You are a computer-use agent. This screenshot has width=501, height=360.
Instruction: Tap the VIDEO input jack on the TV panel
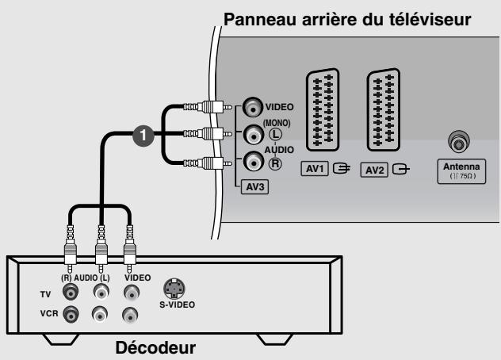pyautogui.click(x=252, y=106)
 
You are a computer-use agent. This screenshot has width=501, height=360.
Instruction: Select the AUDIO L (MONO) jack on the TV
pyautogui.click(x=252, y=135)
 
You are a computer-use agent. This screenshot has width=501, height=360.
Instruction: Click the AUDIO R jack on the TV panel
pyautogui.click(x=252, y=163)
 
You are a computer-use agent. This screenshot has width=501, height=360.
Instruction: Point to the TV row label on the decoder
pyautogui.click(x=46, y=293)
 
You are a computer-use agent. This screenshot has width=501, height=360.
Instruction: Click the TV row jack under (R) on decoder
pyautogui.click(x=71, y=293)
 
